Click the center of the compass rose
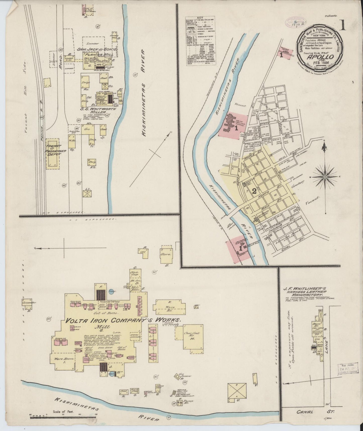325,177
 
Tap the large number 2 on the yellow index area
254,191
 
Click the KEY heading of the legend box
200,18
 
